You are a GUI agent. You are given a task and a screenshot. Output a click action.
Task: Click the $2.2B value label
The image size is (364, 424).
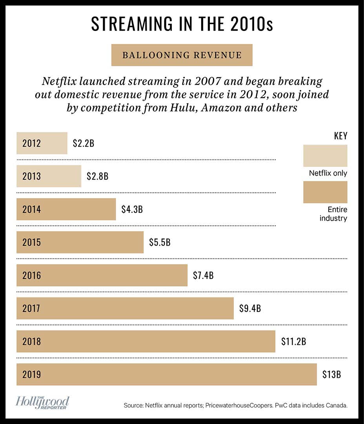click(83, 143)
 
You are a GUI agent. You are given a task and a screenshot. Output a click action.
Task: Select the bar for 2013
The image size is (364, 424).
click(49, 176)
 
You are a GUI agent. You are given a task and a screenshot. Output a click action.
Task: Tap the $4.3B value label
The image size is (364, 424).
click(132, 209)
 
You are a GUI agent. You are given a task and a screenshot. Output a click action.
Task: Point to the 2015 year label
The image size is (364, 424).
click(31, 242)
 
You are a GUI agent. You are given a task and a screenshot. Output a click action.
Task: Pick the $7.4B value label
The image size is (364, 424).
click(203, 275)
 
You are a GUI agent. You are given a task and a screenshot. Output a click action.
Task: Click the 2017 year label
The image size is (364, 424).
click(31, 308)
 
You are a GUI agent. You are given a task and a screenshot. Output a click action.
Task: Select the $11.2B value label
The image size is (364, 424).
click(293, 341)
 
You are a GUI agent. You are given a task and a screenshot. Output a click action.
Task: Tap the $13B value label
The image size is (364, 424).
click(331, 374)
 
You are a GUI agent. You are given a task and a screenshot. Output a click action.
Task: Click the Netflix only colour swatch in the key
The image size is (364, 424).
click(325, 156)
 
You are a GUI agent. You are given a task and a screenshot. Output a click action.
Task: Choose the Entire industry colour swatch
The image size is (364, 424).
click(325, 192)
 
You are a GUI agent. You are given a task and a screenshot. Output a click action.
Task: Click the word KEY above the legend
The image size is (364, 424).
click(340, 136)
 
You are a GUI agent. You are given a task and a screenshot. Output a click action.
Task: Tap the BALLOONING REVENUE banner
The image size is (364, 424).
click(182, 55)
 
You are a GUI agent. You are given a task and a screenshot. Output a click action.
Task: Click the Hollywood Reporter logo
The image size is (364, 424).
click(42, 403)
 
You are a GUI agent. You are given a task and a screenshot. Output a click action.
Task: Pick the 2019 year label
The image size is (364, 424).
click(31, 375)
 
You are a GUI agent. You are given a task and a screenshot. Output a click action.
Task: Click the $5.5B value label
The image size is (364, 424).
click(160, 242)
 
